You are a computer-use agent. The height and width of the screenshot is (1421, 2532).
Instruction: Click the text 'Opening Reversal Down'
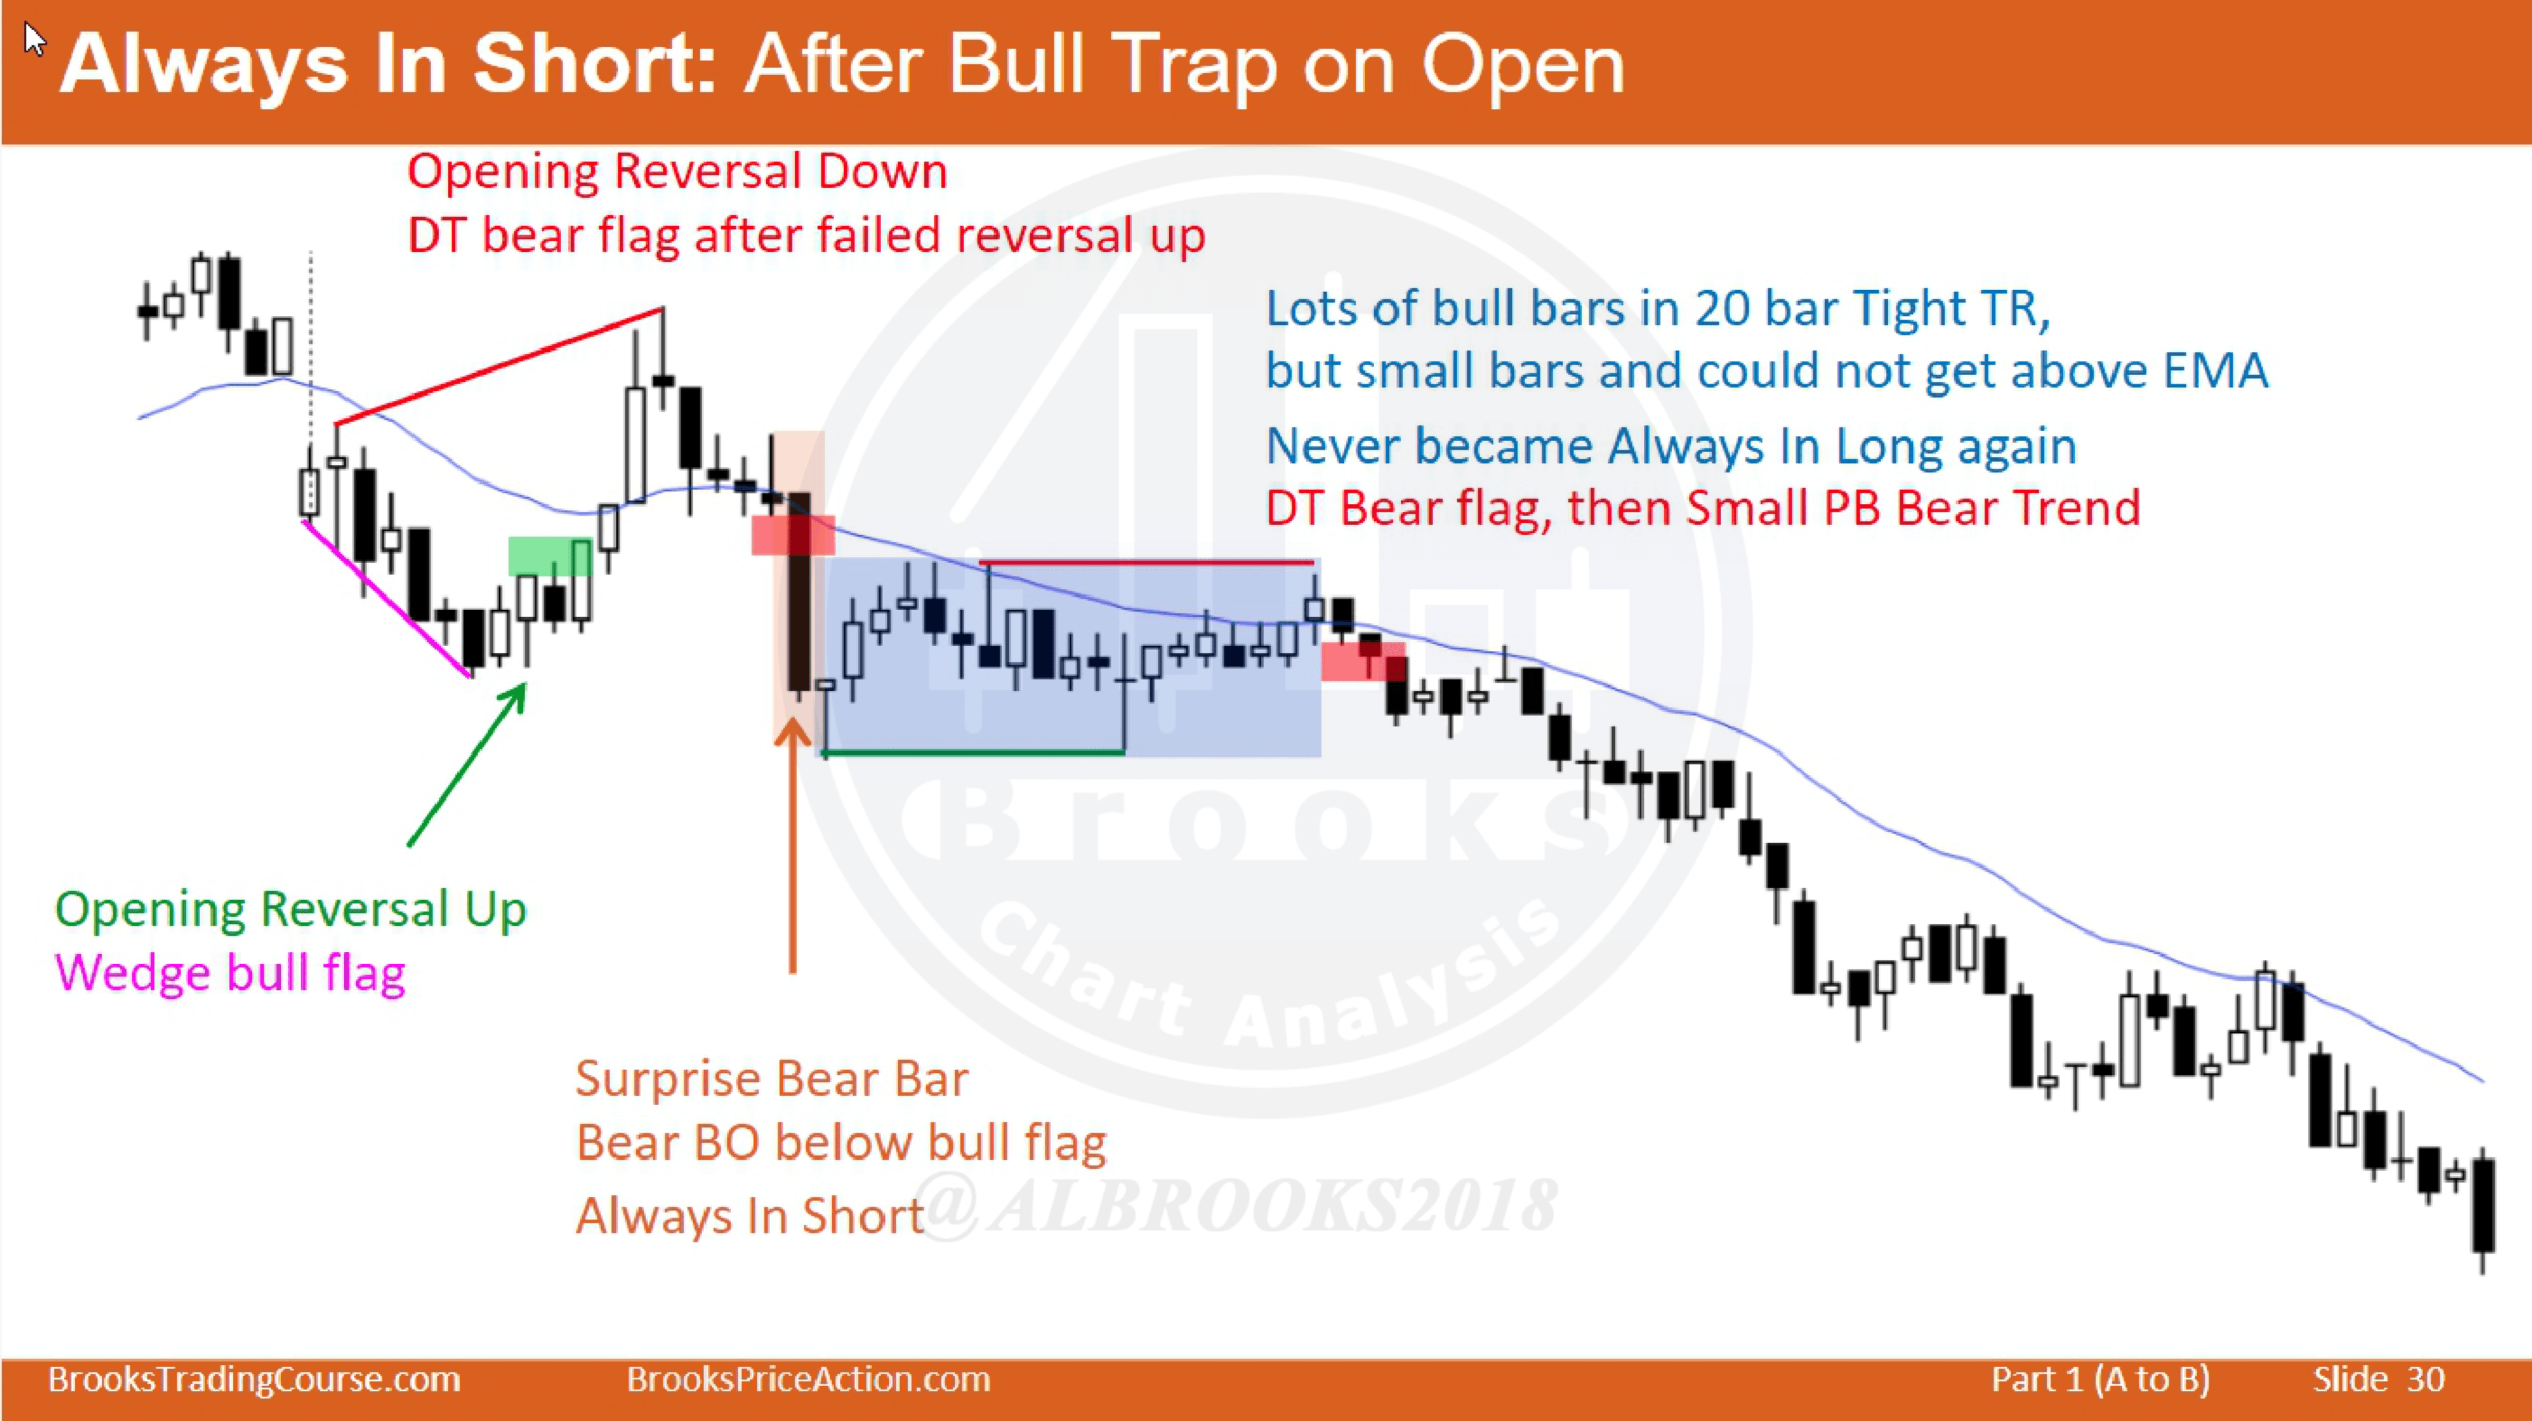tap(677, 172)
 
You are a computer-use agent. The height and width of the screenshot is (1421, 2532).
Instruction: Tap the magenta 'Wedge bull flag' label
tap(230, 973)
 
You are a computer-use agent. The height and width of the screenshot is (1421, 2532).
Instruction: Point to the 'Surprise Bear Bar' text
tap(771, 1079)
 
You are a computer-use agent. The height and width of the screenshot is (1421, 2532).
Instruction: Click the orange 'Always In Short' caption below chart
tap(750, 1216)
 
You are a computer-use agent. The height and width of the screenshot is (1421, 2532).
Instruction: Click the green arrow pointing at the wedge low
tap(466, 766)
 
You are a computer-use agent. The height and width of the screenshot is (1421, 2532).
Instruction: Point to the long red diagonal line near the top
tap(499, 367)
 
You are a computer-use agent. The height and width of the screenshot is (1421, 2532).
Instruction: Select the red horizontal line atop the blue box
tap(1146, 563)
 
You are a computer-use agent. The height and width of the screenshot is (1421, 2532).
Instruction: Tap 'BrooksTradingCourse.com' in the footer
tap(254, 1379)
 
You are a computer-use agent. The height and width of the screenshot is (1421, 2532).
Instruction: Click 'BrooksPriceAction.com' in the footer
tap(808, 1379)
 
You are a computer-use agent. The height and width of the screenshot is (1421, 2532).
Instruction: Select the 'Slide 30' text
tap(2378, 1379)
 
